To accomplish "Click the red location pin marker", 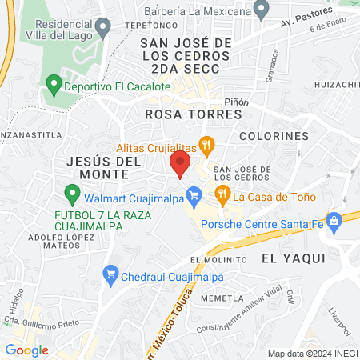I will pyautogui.click(x=179, y=165).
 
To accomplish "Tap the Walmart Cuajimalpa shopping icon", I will pyautogui.click(x=193, y=194).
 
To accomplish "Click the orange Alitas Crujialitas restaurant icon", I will pyautogui.click(x=208, y=146).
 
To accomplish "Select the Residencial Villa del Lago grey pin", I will pyautogui.click(x=102, y=30).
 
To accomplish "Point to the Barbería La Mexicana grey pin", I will pyautogui.click(x=261, y=10).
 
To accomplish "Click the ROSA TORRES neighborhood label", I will pyautogui.click(x=193, y=114).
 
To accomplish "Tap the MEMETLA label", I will pyautogui.click(x=222, y=298).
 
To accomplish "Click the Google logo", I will pyautogui.click(x=26, y=350).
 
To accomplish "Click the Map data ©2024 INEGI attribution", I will pyautogui.click(x=312, y=354).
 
